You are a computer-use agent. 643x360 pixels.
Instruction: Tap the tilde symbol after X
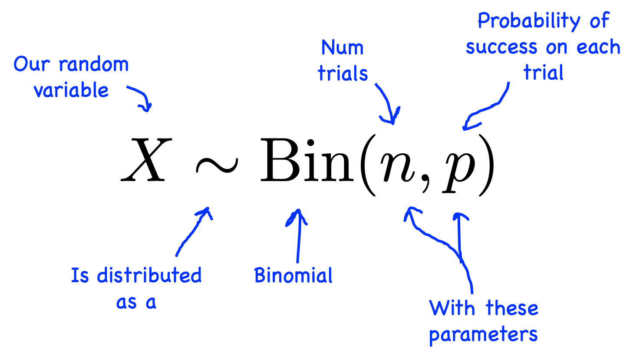click(216, 165)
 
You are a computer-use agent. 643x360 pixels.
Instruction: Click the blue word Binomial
click(293, 276)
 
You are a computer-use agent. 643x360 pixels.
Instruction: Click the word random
click(94, 65)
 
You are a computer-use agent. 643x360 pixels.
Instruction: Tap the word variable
click(71, 90)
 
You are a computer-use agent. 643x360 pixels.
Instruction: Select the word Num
click(342, 48)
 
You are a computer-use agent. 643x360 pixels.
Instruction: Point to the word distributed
click(149, 276)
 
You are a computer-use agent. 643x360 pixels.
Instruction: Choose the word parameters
click(483, 335)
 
